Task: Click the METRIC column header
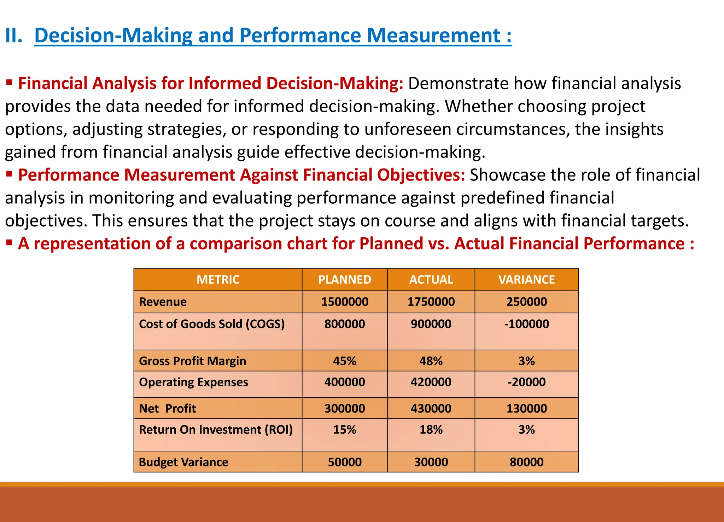pyautogui.click(x=218, y=280)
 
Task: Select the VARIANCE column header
pyautogui.click(x=526, y=280)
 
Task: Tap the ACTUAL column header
pyautogui.click(x=431, y=280)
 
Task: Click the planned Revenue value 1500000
pyautogui.click(x=345, y=302)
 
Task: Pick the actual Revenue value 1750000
pyautogui.click(x=431, y=302)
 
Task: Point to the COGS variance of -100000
pyautogui.click(x=526, y=324)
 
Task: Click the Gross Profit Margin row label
pyautogui.click(x=192, y=361)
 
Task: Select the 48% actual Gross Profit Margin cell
pyautogui.click(x=431, y=361)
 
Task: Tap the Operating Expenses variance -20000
pyautogui.click(x=526, y=382)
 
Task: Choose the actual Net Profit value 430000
pyautogui.click(x=431, y=409)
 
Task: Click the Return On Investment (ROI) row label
pyautogui.click(x=216, y=430)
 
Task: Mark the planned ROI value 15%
pyautogui.click(x=345, y=430)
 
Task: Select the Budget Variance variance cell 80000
pyautogui.click(x=526, y=462)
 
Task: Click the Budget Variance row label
pyautogui.click(x=183, y=462)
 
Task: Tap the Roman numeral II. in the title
pyautogui.click(x=13, y=36)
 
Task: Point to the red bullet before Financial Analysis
pyautogui.click(x=9, y=83)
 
